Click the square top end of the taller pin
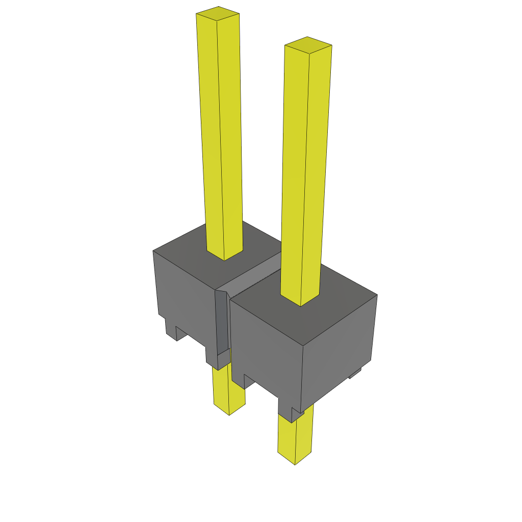(x=218, y=14)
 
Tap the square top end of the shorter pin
(x=308, y=45)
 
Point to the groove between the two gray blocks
(x=255, y=278)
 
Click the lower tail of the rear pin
(x=228, y=387)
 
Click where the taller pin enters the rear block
(x=224, y=255)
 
